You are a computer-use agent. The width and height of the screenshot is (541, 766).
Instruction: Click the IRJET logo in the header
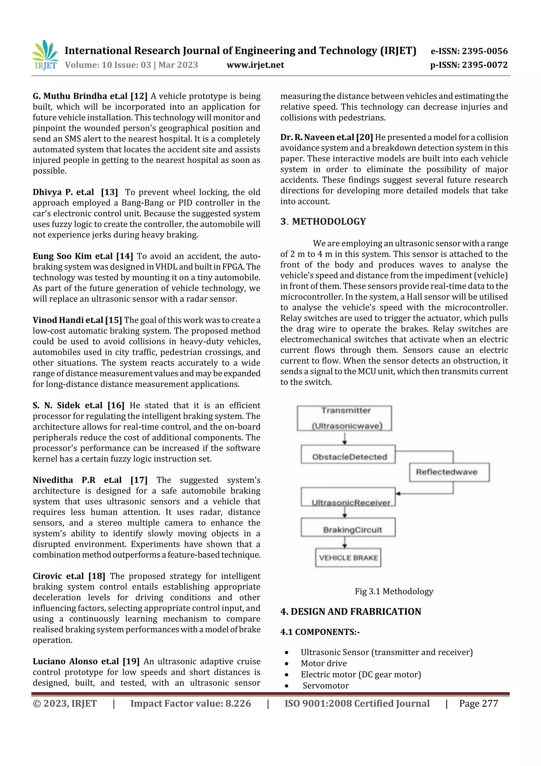coord(45,55)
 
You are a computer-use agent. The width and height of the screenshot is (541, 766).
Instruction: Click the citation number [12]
coord(139,96)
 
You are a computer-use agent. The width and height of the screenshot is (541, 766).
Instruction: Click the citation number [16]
coord(116,405)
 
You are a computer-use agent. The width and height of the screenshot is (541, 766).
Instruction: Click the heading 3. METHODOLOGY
coord(323,222)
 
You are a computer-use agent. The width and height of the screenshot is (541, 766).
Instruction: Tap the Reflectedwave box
coord(449,472)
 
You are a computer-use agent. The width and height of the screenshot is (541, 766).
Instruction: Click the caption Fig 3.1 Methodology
coord(394,591)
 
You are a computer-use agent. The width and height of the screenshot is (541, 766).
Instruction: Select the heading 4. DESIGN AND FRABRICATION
coord(351,612)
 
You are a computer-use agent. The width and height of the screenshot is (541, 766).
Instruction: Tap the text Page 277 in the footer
coord(478,704)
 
